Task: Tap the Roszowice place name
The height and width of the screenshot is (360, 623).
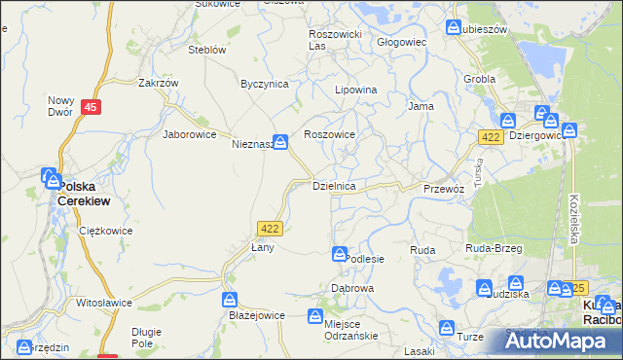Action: tap(330, 135)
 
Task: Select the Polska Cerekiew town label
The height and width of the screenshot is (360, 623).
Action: tap(83, 193)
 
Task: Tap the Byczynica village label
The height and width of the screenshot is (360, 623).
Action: tap(265, 84)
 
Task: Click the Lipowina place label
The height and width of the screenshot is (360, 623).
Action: tap(355, 90)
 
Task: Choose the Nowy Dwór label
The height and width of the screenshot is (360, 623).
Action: tap(60, 106)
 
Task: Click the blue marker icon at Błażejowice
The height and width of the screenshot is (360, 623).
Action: tap(231, 300)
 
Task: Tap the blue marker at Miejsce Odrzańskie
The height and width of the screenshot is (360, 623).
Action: tap(315, 316)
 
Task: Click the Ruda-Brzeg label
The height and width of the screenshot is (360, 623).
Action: tap(495, 250)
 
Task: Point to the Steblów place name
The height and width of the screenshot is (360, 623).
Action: tap(206, 50)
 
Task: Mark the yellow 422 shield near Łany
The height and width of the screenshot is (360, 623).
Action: tap(271, 228)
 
